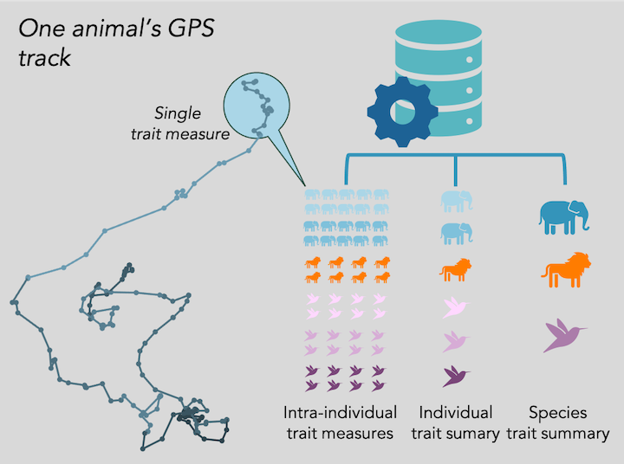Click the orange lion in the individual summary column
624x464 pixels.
456,270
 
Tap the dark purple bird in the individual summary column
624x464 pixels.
456,376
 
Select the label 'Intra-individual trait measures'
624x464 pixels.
341,422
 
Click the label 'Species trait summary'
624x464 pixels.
559,422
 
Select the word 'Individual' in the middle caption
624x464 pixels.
456,412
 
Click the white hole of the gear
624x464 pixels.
401,112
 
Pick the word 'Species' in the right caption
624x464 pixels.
559,412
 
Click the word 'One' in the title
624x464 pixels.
39,29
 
